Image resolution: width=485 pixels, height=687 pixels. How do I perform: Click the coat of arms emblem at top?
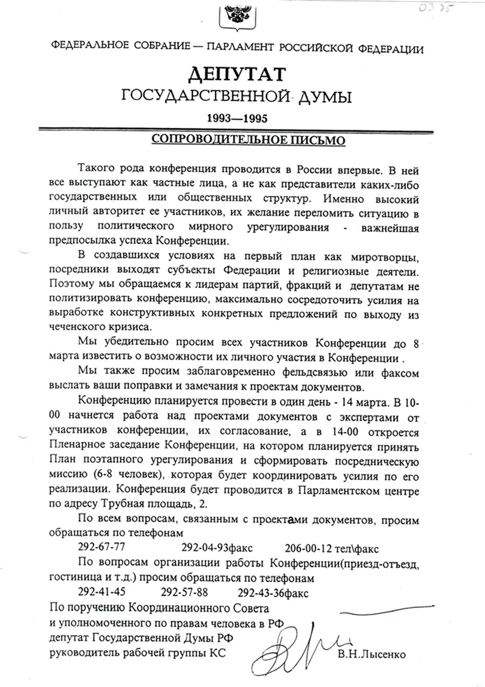coord(236,17)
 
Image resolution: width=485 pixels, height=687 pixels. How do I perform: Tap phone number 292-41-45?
coord(102,592)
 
